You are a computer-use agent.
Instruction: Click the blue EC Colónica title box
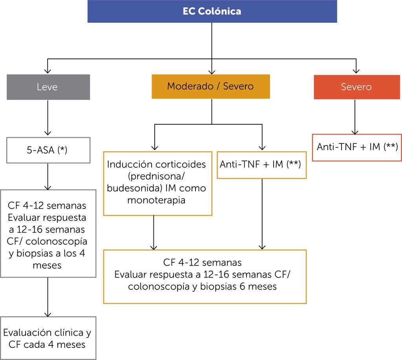(x=212, y=11)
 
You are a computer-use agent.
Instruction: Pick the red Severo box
(x=356, y=86)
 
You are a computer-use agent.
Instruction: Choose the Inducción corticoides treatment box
(x=157, y=182)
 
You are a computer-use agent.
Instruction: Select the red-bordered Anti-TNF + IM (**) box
(x=357, y=147)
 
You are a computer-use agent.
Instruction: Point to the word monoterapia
(x=157, y=200)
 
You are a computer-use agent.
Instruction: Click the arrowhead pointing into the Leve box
(x=48, y=71)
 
